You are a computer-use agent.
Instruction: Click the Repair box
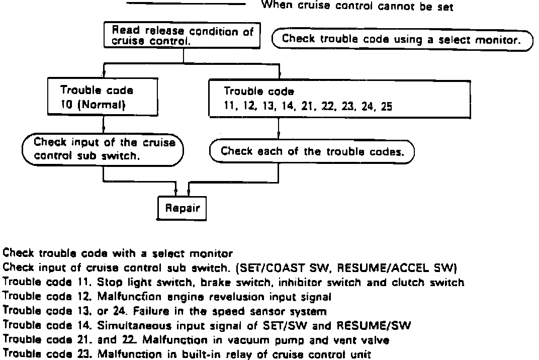coord(182,208)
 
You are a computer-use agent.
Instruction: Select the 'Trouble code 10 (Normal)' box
coord(104,98)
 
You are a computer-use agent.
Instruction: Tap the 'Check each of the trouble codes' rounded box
coord(312,151)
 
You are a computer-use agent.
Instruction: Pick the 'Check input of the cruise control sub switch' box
coord(103,149)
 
